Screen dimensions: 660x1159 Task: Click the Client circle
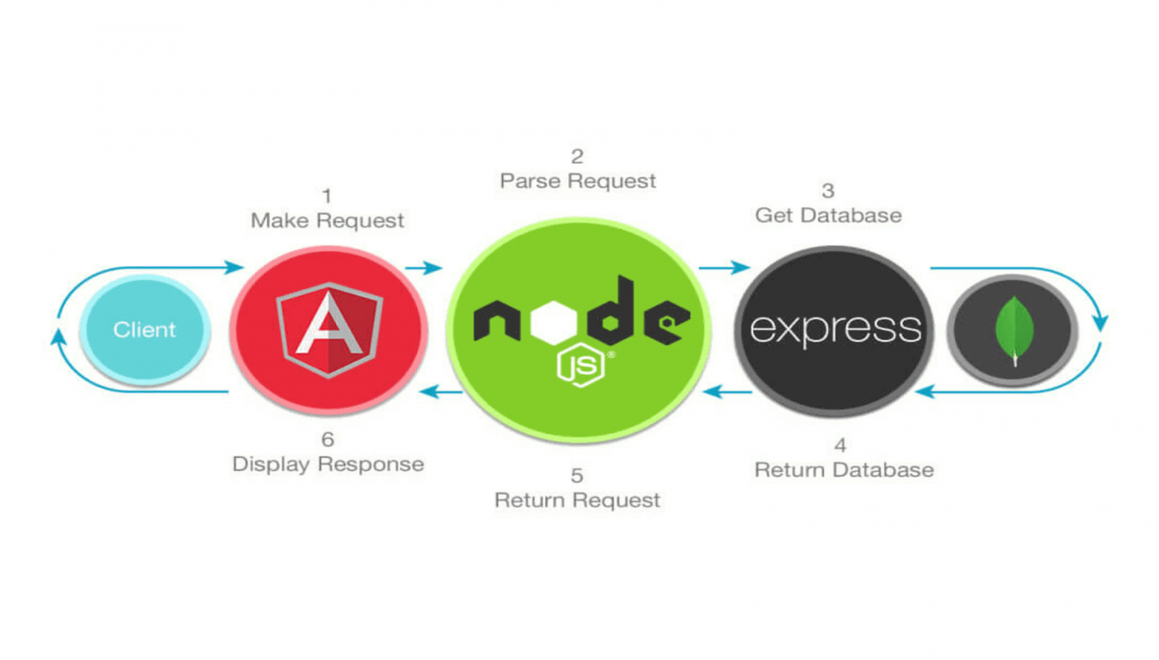point(144,330)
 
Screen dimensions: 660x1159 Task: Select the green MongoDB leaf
point(1014,329)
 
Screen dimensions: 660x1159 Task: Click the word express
point(834,328)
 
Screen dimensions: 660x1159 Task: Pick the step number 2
point(578,157)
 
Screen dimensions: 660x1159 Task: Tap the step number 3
point(828,191)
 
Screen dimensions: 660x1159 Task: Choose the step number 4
point(840,445)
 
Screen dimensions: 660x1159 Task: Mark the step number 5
point(578,475)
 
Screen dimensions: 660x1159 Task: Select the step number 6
point(326,440)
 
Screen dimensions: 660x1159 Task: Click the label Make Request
point(327,220)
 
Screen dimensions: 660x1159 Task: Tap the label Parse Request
point(578,181)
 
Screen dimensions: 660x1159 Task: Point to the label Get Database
point(828,215)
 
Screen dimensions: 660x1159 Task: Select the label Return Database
point(844,470)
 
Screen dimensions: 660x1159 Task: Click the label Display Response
point(328,465)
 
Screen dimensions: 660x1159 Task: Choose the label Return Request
point(578,499)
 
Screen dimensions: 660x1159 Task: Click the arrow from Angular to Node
point(423,268)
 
